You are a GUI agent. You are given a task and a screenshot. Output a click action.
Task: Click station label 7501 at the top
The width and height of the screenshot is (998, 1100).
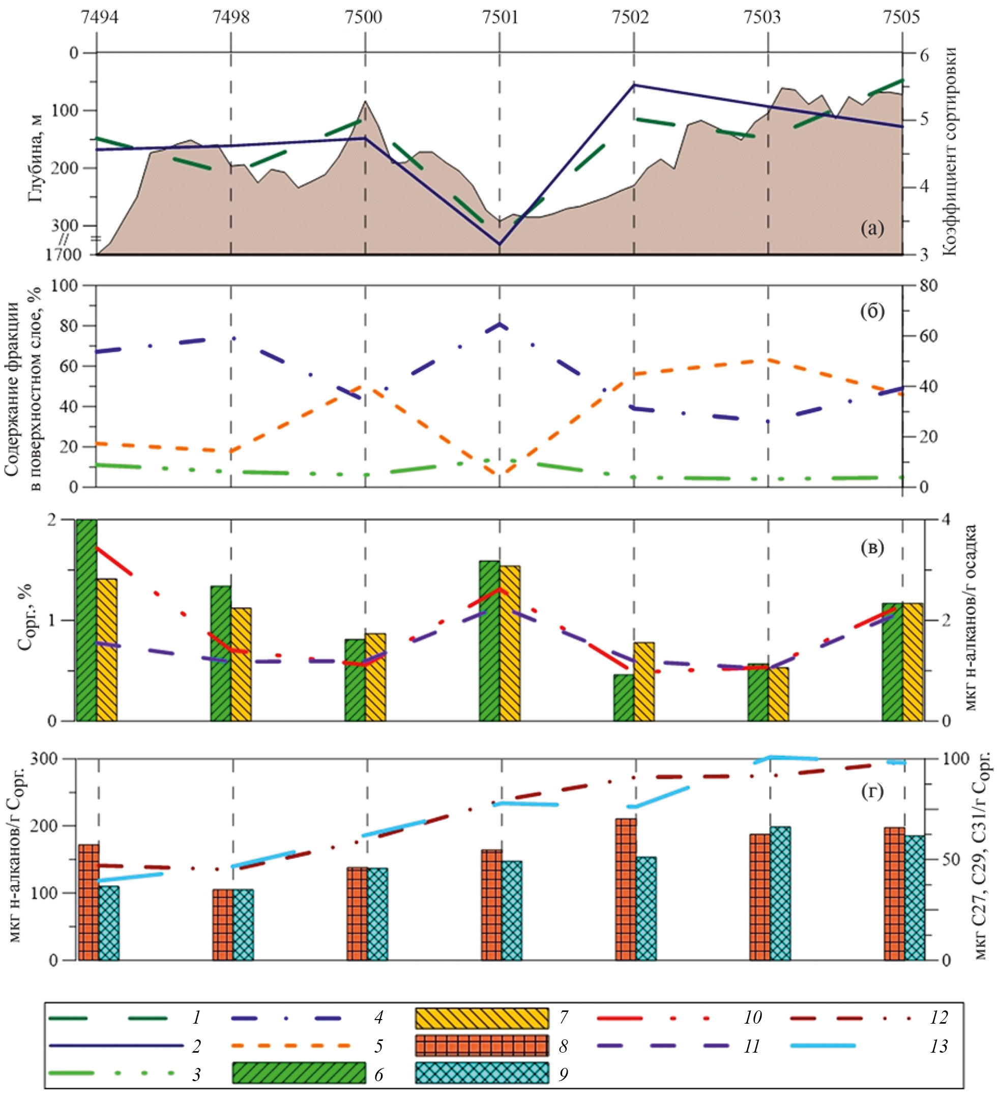pos(500,17)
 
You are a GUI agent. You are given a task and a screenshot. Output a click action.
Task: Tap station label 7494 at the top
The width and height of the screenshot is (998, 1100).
pos(99,17)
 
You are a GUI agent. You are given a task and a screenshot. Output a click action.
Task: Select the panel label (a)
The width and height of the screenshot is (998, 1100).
pos(872,228)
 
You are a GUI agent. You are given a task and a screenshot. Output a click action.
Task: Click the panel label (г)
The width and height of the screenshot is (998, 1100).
pos(872,791)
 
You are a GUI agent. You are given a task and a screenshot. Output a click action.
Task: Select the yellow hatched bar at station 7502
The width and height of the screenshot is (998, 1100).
pos(644,682)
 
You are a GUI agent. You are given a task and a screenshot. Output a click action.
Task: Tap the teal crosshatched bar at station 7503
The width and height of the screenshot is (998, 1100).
pos(780,893)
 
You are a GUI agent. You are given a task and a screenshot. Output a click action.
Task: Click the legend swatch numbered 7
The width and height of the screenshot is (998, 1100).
pos(482,1018)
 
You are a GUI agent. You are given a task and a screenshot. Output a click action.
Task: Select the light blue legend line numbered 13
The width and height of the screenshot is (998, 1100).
pos(823,1046)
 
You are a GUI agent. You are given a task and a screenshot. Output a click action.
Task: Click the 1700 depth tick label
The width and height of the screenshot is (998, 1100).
pos(63,255)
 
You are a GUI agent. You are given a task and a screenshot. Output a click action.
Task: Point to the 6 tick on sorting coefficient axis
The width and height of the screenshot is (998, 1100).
pos(924,55)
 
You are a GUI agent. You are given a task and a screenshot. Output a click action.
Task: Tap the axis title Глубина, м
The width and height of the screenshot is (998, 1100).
pos(36,158)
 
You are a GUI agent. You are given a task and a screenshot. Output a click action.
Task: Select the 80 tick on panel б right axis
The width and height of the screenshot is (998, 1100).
pos(928,286)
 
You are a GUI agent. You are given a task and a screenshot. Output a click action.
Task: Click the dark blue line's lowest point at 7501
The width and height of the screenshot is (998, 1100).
pos(499,244)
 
